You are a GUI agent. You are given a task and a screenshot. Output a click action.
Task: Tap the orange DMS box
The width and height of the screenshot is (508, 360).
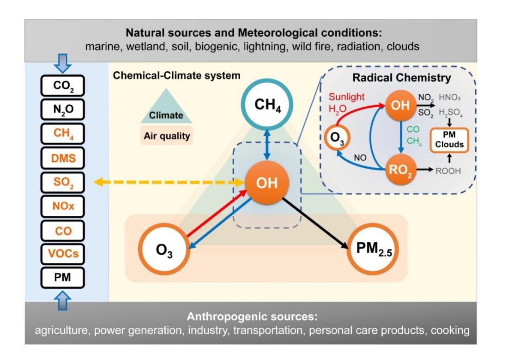point(63,159)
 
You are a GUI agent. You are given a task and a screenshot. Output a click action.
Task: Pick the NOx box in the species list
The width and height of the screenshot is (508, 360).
point(63,207)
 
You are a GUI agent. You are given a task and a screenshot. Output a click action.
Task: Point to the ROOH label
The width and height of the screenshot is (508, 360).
point(448,171)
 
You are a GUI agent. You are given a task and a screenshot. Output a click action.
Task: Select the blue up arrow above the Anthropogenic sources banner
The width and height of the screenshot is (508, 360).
point(63,301)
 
